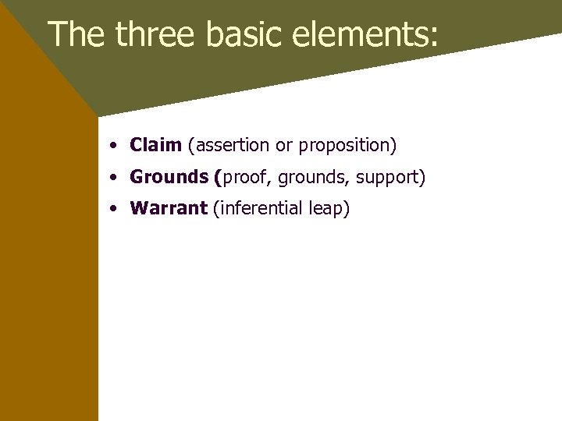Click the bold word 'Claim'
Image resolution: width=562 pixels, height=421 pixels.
155,145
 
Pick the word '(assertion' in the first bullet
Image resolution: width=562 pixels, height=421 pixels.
228,145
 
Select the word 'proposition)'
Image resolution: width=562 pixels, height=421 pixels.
347,146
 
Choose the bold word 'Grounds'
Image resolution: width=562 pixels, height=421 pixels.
169,177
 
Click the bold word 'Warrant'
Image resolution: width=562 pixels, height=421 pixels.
169,209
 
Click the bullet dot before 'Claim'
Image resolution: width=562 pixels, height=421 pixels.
114,146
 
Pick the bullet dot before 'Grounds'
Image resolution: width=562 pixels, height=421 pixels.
114,178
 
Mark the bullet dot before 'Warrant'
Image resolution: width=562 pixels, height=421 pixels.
114,210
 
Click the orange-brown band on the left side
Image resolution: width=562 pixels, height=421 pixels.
47,273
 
